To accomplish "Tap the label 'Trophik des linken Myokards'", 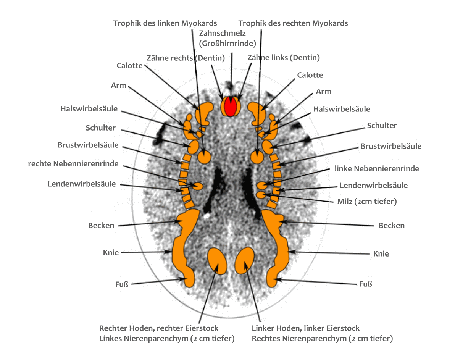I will pos(165,23).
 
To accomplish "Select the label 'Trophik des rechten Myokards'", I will pos(293,23).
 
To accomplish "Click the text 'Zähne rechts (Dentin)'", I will pos(186,58).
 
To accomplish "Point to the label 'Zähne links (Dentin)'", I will pos(284,58).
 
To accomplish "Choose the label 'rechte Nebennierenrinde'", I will pos(73,164).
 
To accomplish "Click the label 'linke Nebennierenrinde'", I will pos(377,168).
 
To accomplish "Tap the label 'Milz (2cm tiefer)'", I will pos(367,201).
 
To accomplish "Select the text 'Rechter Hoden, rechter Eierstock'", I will pos(159,328).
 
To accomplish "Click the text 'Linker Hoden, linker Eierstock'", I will pos(306,328).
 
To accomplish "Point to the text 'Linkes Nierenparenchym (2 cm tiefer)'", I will pos(167,338).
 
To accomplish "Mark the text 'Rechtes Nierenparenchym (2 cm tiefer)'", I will pos(322,338).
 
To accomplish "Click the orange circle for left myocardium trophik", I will pos(205,157).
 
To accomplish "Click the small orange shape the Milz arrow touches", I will pos(261,195).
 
